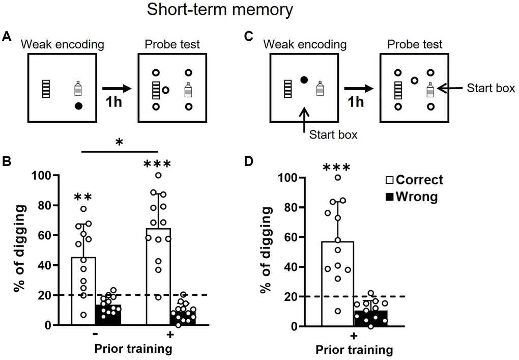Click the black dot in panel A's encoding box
click(78, 106)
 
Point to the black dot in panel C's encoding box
click(304, 80)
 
